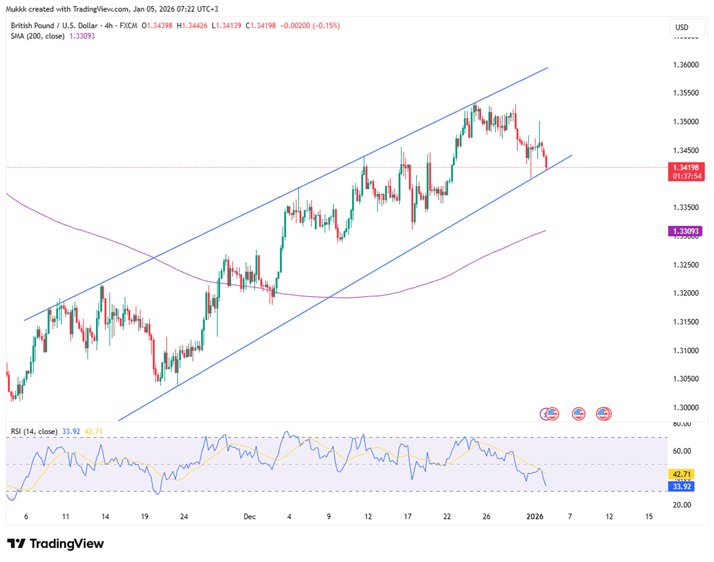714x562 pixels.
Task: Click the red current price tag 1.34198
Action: point(685,168)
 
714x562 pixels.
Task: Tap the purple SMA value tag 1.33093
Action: point(685,231)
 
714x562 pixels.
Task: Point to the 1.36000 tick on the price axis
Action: point(685,65)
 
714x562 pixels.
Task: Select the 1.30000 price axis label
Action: point(685,408)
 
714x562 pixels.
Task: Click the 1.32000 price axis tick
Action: point(685,293)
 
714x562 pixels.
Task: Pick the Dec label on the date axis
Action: point(249,517)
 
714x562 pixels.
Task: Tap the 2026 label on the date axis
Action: point(535,517)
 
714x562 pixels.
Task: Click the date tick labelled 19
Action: point(144,517)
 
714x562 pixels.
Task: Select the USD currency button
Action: point(682,28)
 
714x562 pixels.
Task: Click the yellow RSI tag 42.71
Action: point(682,475)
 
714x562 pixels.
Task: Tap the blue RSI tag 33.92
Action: point(682,486)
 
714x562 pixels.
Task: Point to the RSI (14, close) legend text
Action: point(34,431)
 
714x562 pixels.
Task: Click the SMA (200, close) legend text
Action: point(38,36)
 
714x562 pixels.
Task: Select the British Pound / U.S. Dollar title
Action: point(54,25)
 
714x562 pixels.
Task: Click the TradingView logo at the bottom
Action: point(56,544)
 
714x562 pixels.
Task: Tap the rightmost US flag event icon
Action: point(604,414)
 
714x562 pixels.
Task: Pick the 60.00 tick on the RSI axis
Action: point(682,451)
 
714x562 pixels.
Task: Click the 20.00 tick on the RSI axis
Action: point(682,505)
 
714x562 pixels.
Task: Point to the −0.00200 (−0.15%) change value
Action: point(310,25)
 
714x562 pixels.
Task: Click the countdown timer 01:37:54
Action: point(685,176)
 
